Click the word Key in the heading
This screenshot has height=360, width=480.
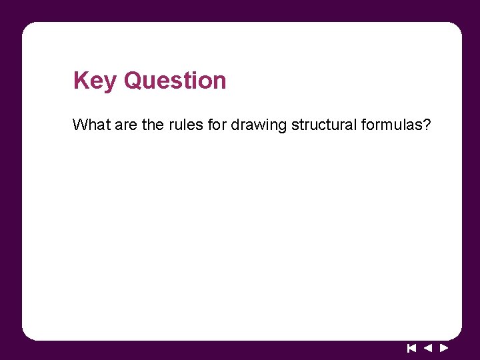96,81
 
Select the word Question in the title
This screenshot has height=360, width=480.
175,81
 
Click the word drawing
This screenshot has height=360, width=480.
258,125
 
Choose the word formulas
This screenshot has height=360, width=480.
389,125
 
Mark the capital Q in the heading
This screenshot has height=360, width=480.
133,81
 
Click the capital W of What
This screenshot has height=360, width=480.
79,125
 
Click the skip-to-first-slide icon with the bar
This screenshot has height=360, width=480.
411,347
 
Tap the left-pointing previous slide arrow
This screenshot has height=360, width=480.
428,347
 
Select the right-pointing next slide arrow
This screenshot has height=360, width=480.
444,347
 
